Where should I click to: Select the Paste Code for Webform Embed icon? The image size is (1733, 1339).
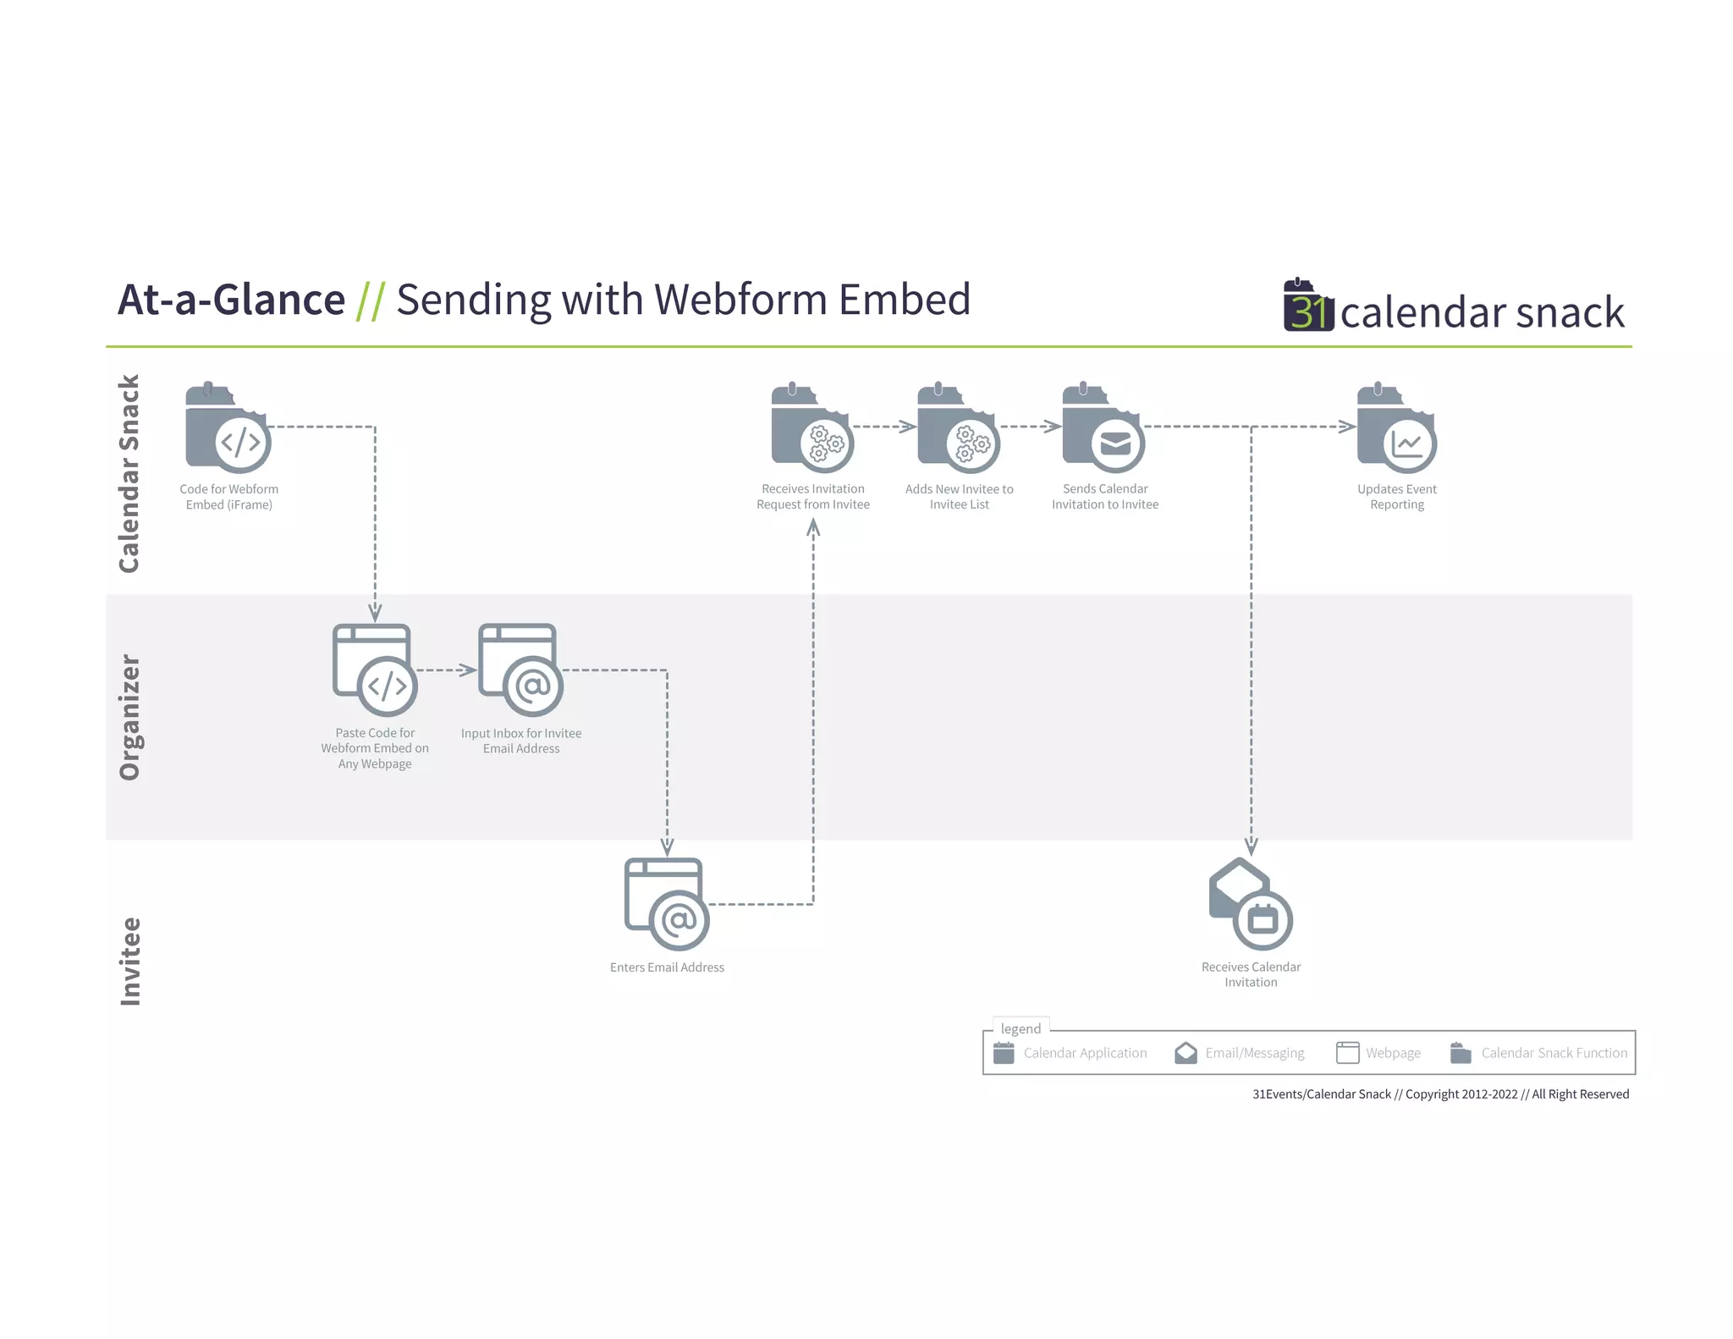click(375, 670)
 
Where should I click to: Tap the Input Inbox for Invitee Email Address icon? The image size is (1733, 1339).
click(520, 670)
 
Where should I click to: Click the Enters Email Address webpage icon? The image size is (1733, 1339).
click(667, 904)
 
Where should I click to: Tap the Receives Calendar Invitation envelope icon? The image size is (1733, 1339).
click(1251, 904)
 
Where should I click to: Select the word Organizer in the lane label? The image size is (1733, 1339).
click(129, 717)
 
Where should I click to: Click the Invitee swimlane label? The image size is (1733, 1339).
click(129, 962)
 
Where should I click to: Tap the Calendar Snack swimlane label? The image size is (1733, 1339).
click(129, 474)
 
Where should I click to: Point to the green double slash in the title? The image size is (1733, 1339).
click(371, 300)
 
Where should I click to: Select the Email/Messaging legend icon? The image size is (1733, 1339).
click(1186, 1053)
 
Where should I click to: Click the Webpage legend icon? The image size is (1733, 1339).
click(1347, 1053)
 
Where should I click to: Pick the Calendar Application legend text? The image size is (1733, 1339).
click(1085, 1053)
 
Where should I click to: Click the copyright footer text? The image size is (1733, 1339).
click(1440, 1094)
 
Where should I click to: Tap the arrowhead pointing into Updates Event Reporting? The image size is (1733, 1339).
click(1348, 427)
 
